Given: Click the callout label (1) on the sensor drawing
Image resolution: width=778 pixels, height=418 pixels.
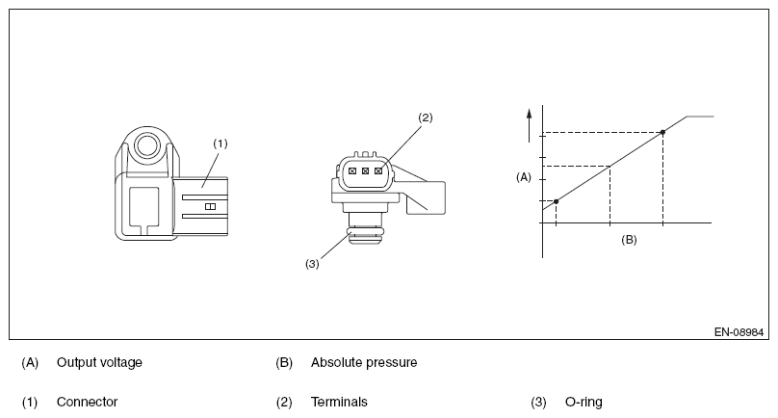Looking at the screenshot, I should [x=220, y=143].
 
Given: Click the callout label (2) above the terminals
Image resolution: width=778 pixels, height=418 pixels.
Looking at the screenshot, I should [x=426, y=118].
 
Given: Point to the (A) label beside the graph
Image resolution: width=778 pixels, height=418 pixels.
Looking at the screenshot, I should [x=524, y=177].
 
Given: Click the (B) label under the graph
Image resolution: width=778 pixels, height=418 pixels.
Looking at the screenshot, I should [x=629, y=239].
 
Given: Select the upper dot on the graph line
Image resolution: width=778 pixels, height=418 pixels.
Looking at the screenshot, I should [x=663, y=132].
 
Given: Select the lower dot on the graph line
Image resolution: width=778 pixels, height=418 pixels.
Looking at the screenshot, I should [x=557, y=200].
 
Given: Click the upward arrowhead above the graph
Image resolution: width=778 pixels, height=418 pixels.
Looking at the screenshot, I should [x=529, y=113].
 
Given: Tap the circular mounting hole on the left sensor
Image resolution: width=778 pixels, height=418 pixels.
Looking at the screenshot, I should [x=146, y=146].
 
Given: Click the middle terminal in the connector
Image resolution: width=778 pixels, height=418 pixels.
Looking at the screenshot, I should [x=366, y=171].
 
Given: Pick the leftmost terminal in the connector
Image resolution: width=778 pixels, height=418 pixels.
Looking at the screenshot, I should [x=352, y=171].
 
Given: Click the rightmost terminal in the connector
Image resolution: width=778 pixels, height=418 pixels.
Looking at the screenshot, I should [x=379, y=171].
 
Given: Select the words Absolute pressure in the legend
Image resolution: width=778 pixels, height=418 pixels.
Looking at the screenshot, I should [x=363, y=363].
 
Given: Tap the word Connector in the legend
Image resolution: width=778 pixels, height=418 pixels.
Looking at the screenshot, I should [x=87, y=402].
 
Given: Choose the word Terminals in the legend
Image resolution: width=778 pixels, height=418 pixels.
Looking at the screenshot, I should [x=339, y=402].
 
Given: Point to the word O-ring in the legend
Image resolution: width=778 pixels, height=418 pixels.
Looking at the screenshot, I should [x=583, y=402].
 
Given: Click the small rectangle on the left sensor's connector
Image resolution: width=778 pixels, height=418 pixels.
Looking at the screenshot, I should [x=210, y=205].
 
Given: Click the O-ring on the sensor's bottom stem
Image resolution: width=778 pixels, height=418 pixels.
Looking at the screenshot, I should [x=366, y=231].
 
